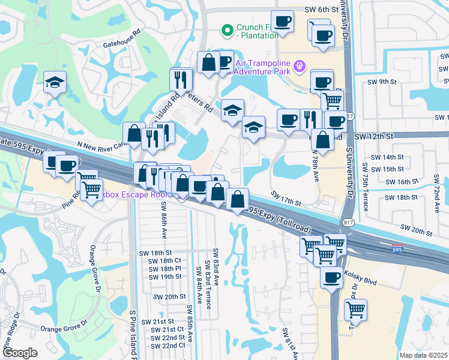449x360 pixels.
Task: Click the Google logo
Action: (x=20, y=353)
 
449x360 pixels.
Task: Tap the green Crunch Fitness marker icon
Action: (x=228, y=29)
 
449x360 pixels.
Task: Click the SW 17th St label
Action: (x=286, y=198)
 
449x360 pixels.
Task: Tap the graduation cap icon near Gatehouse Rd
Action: (x=55, y=82)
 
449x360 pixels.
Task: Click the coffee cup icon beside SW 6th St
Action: (x=282, y=21)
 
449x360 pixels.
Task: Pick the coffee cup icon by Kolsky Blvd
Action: (x=331, y=277)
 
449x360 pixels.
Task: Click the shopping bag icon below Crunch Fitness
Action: (x=208, y=62)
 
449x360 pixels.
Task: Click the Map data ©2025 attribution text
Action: (x=423, y=355)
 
